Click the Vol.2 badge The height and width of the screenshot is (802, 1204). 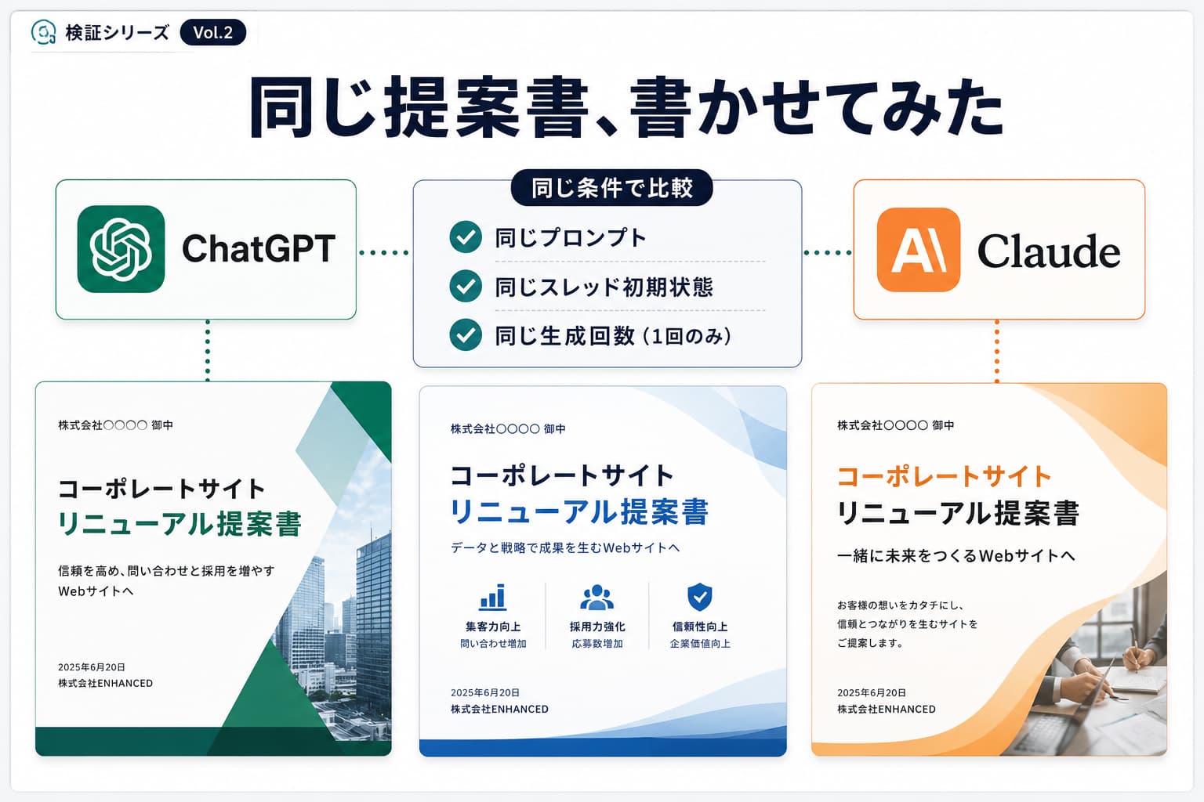click(x=213, y=33)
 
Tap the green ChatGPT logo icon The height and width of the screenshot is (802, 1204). click(x=121, y=249)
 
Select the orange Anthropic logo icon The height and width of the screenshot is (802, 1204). click(x=919, y=250)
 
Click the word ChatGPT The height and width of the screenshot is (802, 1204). click(x=259, y=249)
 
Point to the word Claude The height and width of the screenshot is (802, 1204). click(x=1049, y=251)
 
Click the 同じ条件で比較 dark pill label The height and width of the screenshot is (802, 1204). click(x=611, y=188)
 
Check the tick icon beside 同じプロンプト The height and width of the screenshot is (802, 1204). click(x=466, y=237)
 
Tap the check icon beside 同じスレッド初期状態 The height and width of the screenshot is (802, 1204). click(x=466, y=286)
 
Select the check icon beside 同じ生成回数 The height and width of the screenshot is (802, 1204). click(x=466, y=334)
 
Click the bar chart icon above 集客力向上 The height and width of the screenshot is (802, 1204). click(x=493, y=598)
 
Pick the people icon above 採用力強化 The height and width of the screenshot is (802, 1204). click(x=597, y=598)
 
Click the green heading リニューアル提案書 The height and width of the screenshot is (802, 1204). click(x=180, y=524)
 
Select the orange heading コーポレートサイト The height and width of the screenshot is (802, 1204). click(x=944, y=476)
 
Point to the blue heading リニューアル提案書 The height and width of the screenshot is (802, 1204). click(x=579, y=511)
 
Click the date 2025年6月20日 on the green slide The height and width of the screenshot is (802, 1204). click(x=92, y=667)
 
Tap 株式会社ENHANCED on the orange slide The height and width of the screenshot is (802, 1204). click(x=887, y=709)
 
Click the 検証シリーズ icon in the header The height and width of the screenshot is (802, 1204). click(x=44, y=32)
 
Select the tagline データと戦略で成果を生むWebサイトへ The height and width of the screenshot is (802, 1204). click(x=565, y=548)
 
